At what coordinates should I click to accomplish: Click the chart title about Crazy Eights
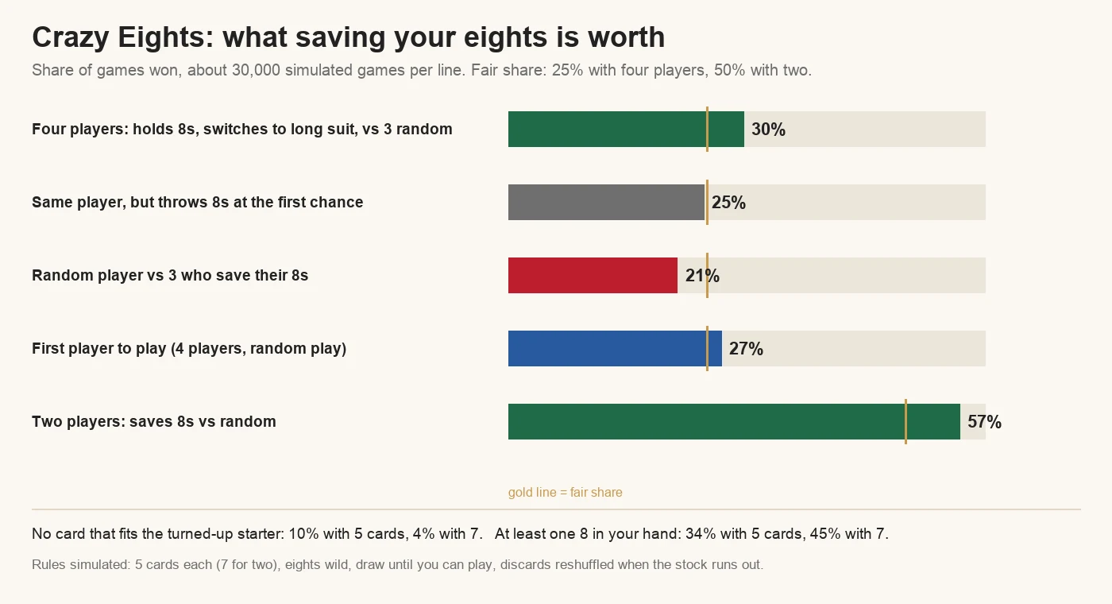(x=348, y=37)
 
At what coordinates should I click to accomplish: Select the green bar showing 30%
(x=626, y=129)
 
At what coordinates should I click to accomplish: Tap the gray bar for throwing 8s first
(x=606, y=202)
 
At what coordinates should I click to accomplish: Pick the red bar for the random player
(x=593, y=275)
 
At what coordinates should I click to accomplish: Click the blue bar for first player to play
(x=615, y=348)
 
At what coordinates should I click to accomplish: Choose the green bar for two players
(x=734, y=421)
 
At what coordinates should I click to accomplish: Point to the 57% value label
(x=984, y=422)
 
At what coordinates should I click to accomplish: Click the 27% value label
(x=746, y=349)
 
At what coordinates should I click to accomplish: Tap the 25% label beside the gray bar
(x=729, y=203)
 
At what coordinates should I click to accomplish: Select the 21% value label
(x=702, y=276)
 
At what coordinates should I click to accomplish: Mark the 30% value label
(x=769, y=130)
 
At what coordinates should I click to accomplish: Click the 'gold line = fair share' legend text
(x=565, y=492)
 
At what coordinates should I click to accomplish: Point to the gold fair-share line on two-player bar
(x=906, y=421)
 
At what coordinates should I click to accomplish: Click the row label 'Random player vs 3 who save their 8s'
(x=170, y=275)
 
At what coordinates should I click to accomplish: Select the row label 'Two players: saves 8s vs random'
(x=154, y=421)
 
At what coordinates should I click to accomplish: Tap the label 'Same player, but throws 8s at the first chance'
(x=198, y=202)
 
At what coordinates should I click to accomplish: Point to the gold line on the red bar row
(x=707, y=275)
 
